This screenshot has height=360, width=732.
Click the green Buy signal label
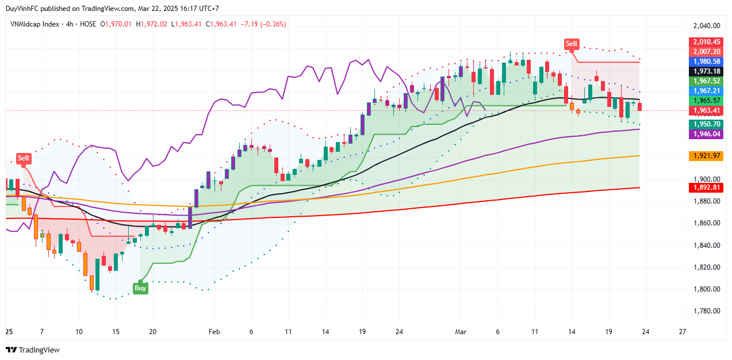[x=140, y=288]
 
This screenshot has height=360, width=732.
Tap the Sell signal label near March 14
[x=571, y=44]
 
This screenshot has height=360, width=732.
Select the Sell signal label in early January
[x=24, y=158]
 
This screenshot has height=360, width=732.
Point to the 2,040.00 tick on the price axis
[x=706, y=26]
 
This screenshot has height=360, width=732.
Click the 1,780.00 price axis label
[x=706, y=311]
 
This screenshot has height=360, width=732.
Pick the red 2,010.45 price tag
[x=706, y=42]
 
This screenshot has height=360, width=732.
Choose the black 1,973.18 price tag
[x=706, y=71]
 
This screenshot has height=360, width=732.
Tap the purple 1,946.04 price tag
[x=706, y=133]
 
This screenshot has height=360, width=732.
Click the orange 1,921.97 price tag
[x=706, y=156]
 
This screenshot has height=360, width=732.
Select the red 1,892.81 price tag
[x=706, y=187]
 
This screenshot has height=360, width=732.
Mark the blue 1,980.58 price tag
[x=706, y=62]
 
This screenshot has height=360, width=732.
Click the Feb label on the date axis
[x=214, y=332]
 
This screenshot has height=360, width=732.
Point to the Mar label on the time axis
[x=460, y=332]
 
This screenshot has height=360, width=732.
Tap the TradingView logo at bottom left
[x=33, y=350]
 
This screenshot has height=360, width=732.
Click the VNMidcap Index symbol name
[x=35, y=24]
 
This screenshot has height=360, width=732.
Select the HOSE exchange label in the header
[x=88, y=24]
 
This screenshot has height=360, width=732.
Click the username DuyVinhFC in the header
[x=22, y=9]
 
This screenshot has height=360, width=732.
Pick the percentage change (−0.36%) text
[x=273, y=24]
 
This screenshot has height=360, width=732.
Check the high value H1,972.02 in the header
[x=152, y=24]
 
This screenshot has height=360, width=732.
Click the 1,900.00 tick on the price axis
[x=706, y=179]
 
